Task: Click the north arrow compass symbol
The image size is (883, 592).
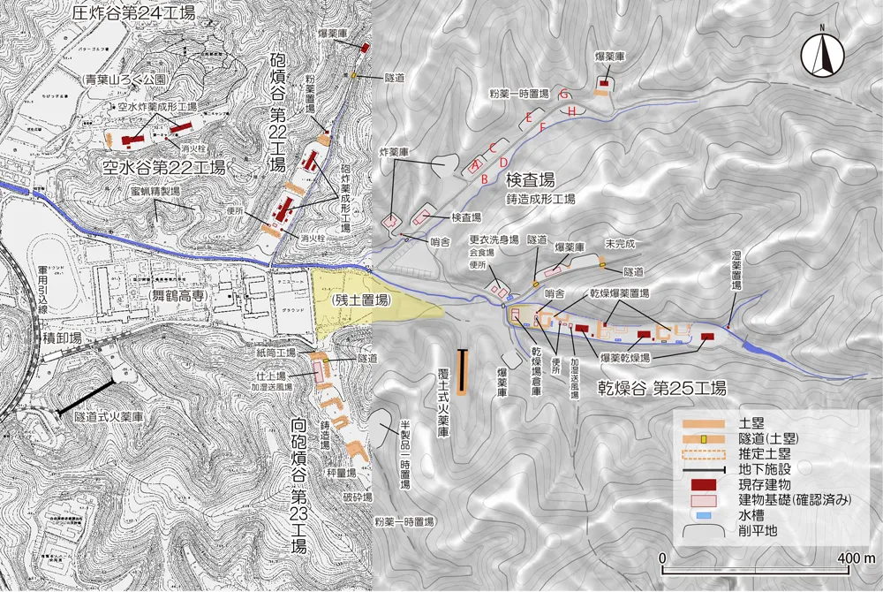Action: point(822,56)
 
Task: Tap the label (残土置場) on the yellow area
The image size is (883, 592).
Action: point(361,300)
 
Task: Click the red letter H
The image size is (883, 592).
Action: point(572,111)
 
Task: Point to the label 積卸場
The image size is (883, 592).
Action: point(63,338)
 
